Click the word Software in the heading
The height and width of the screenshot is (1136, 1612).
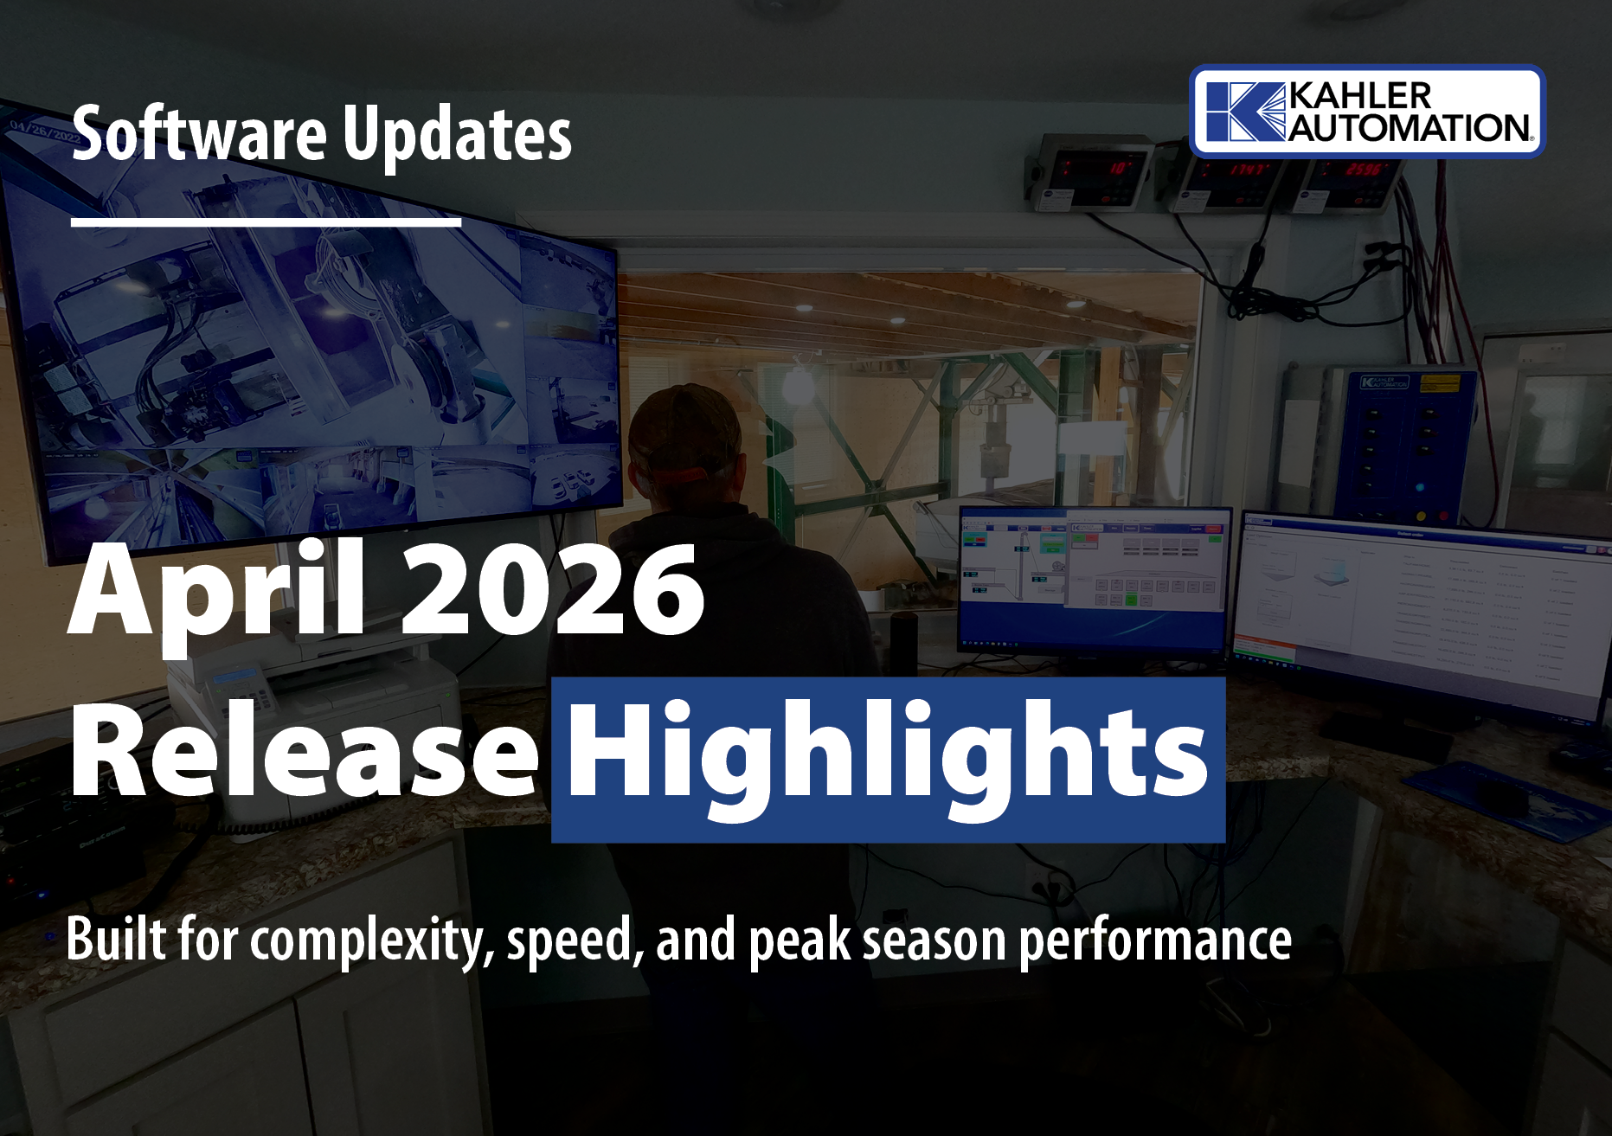point(199,135)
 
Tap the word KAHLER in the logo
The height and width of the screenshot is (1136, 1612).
point(1360,97)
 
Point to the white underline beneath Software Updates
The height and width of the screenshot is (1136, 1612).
point(266,222)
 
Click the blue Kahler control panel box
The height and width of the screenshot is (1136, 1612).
point(1402,441)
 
